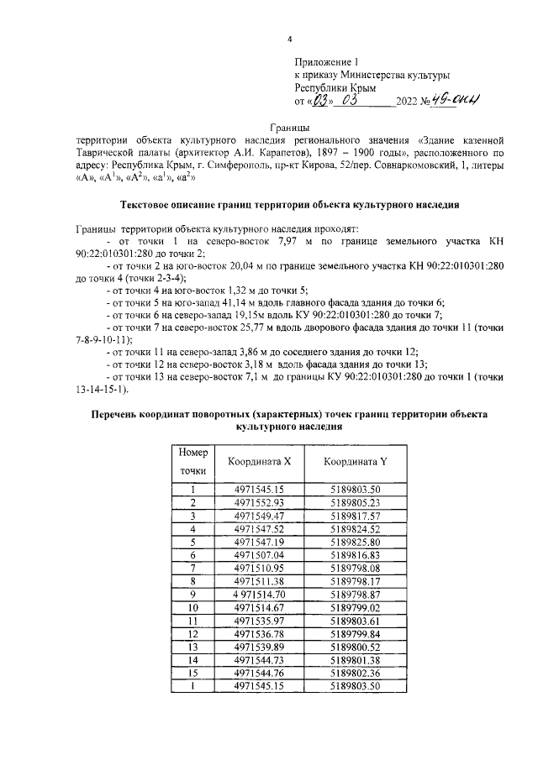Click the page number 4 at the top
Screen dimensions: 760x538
click(289, 39)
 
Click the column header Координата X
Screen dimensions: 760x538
click(260, 462)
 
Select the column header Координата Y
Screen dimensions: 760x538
click(356, 462)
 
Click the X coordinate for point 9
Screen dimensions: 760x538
click(260, 595)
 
